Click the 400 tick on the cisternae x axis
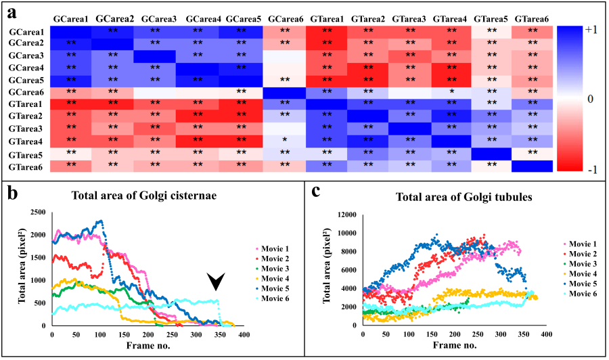tap(244, 334)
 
